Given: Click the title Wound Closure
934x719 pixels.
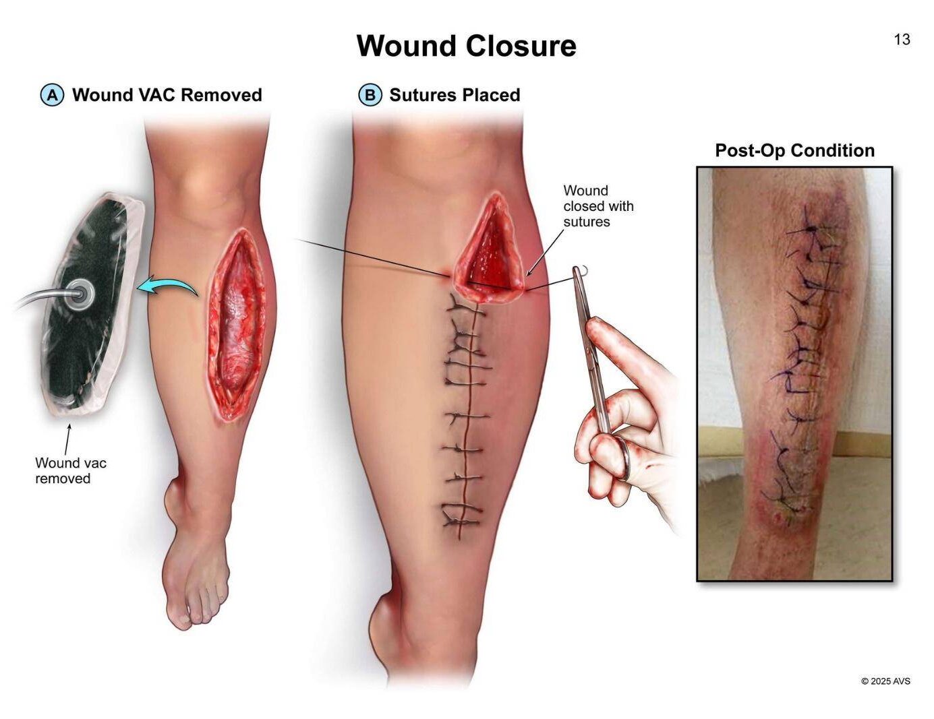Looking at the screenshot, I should (466, 46).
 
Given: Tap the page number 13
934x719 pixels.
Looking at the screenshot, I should (902, 40).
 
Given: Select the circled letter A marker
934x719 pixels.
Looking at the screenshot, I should (52, 95).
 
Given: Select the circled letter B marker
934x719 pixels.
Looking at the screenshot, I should (370, 95).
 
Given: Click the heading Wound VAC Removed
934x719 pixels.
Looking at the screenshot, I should (167, 95).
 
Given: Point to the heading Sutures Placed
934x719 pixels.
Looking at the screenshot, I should (454, 95).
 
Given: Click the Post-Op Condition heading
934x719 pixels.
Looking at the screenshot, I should (794, 150).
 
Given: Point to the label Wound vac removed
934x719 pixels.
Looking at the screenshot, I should (70, 470).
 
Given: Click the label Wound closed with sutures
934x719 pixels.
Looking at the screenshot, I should (597, 206).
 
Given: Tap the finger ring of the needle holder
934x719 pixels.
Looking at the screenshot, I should (623, 458).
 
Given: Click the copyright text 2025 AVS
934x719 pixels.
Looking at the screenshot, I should (885, 681).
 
